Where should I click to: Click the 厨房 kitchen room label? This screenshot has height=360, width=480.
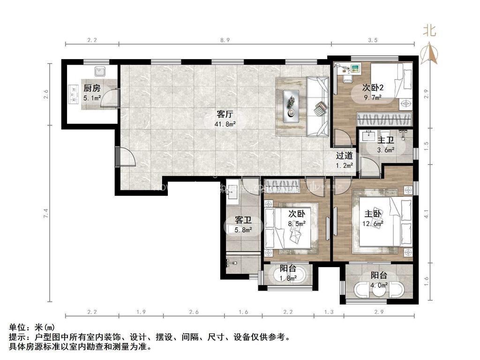pyautogui.click(x=92, y=88)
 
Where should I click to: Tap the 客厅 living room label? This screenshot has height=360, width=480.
pyautogui.click(x=225, y=114)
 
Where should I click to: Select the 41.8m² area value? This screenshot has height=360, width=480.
pyautogui.click(x=225, y=124)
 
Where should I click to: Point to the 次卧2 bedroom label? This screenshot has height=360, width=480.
pyautogui.click(x=373, y=88)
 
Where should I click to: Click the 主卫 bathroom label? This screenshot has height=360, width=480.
pyautogui.click(x=386, y=140)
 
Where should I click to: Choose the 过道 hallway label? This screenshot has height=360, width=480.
pyautogui.click(x=345, y=156)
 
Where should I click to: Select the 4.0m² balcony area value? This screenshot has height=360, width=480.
pyautogui.click(x=379, y=285)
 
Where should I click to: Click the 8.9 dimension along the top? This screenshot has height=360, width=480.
pyautogui.click(x=225, y=40)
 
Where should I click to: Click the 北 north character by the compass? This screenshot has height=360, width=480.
pyautogui.click(x=429, y=31)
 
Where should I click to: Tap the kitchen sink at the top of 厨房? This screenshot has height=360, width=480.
pyautogui.click(x=100, y=72)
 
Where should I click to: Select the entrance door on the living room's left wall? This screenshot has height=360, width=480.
pyautogui.click(x=124, y=156)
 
